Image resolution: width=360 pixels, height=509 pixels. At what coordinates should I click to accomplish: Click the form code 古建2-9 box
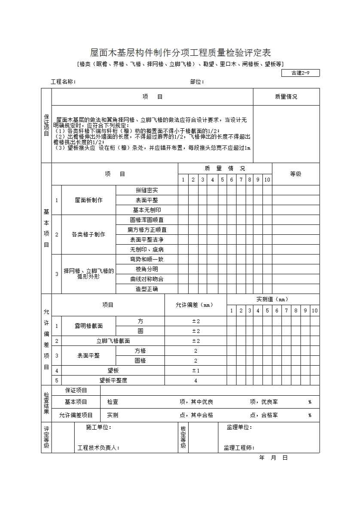[x=300, y=73]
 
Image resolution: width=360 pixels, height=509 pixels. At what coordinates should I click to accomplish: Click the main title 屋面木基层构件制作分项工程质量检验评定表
[x=180, y=53]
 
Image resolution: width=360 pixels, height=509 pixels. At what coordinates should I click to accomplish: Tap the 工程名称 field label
[x=64, y=82]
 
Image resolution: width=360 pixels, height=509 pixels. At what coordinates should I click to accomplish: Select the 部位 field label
[x=197, y=82]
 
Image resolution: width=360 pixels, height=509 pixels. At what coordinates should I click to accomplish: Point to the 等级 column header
[x=296, y=174]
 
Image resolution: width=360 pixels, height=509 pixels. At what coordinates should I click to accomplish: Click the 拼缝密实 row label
[x=146, y=190]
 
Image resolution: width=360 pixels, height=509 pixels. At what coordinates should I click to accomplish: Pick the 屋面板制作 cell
[x=89, y=200]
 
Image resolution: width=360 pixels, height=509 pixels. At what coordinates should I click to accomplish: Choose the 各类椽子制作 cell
[x=88, y=234]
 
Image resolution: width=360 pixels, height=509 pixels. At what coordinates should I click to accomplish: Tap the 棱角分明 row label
[x=146, y=269]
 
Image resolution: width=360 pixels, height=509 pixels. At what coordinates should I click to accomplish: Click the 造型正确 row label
[x=146, y=289]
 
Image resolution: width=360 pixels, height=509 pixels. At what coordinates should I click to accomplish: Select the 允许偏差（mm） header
[x=195, y=305]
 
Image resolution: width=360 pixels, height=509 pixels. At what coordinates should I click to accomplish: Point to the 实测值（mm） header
[x=273, y=299]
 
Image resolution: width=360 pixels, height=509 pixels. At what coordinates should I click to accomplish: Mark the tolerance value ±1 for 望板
[x=195, y=370]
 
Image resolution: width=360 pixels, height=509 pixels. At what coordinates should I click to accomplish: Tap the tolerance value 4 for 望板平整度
[x=195, y=380]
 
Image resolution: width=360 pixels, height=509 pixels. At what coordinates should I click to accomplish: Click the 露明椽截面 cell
[x=89, y=326]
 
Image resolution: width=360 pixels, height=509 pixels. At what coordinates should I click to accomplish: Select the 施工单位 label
[x=99, y=427]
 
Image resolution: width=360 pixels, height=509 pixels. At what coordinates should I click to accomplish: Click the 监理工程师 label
[x=239, y=448]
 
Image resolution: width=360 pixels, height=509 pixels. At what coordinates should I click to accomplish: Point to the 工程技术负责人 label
[x=98, y=448]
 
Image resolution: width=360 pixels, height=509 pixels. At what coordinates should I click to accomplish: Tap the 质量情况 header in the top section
[x=286, y=97]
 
